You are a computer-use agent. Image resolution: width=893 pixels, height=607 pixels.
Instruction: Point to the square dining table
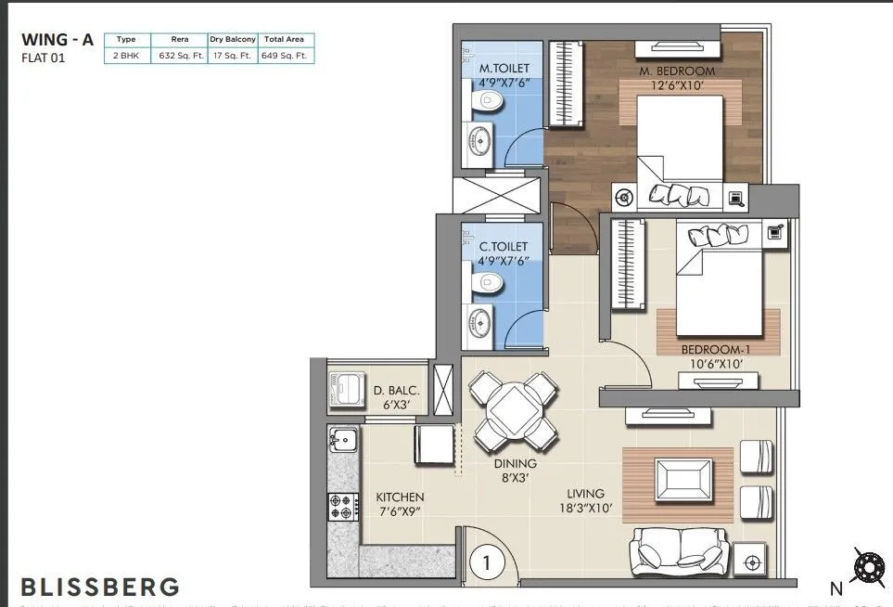click(512, 406)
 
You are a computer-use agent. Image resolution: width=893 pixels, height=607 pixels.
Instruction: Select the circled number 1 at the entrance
click(482, 562)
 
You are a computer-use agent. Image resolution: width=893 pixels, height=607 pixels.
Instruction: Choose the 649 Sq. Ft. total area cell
click(287, 56)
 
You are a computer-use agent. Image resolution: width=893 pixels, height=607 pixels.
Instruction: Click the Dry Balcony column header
click(233, 40)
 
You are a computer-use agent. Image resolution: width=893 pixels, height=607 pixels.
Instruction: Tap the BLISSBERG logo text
click(100, 587)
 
